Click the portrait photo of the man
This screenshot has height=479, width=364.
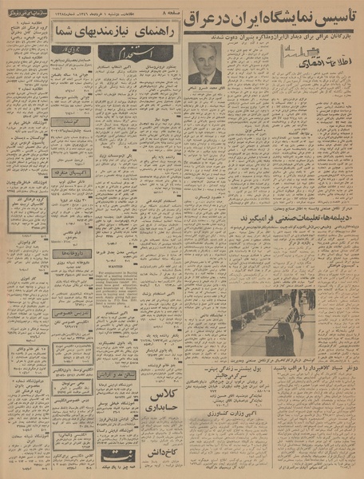click(205, 64)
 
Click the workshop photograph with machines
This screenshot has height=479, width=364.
click(271, 322)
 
